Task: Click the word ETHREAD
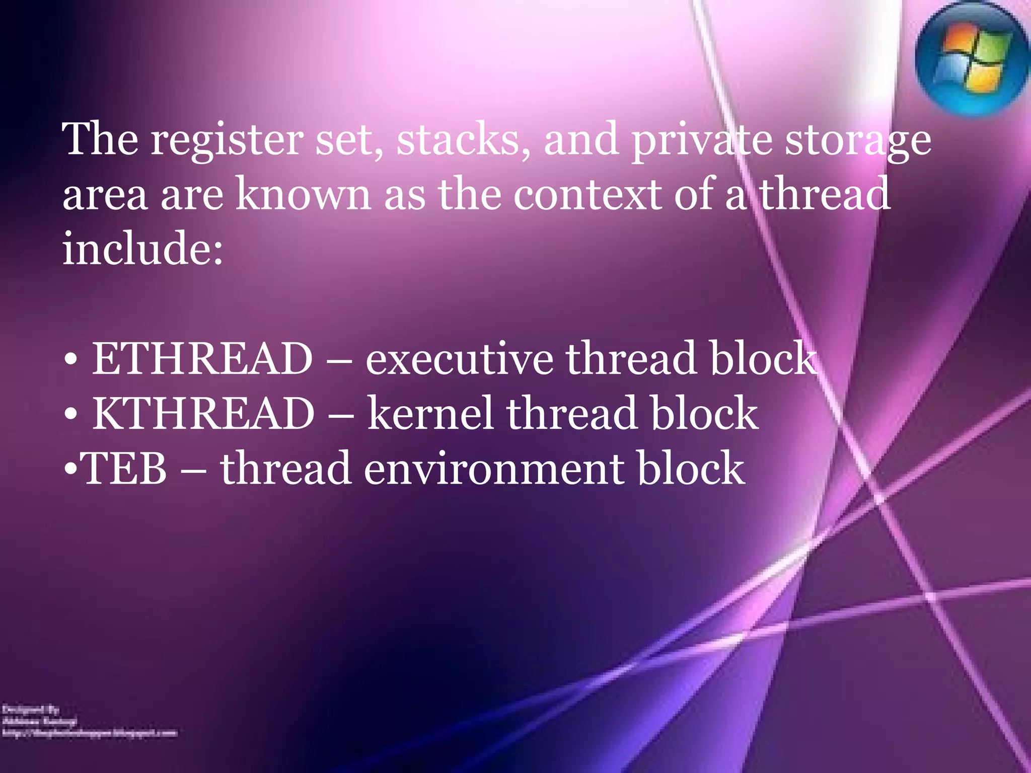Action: (x=202, y=358)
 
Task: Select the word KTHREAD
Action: (x=203, y=413)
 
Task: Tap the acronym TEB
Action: (x=124, y=469)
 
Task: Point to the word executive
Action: (x=459, y=358)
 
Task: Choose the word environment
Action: (x=494, y=469)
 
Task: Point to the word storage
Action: (x=858, y=141)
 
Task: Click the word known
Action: (x=304, y=194)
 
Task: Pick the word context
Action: (x=587, y=194)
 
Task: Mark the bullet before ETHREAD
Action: (x=71, y=360)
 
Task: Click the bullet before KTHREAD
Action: (x=71, y=415)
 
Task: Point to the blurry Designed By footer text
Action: (x=31, y=710)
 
